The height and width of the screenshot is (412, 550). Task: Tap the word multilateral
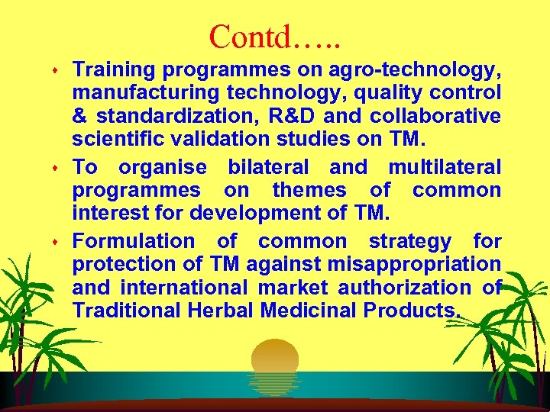click(445, 167)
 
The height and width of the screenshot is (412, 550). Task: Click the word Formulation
click(134, 242)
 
